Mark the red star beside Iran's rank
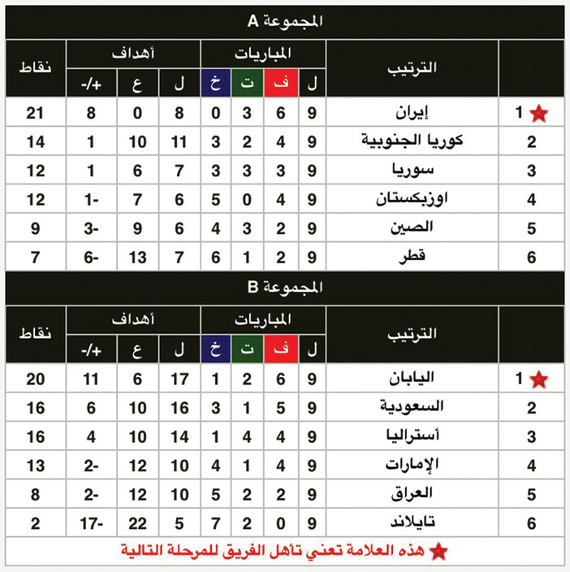[x=538, y=115]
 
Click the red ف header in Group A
[x=281, y=81]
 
